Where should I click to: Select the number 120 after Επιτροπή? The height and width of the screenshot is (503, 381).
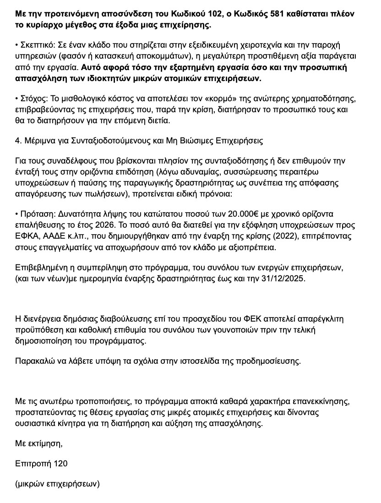tap(61, 464)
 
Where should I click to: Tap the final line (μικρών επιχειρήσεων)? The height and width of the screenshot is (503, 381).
tap(57, 483)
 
